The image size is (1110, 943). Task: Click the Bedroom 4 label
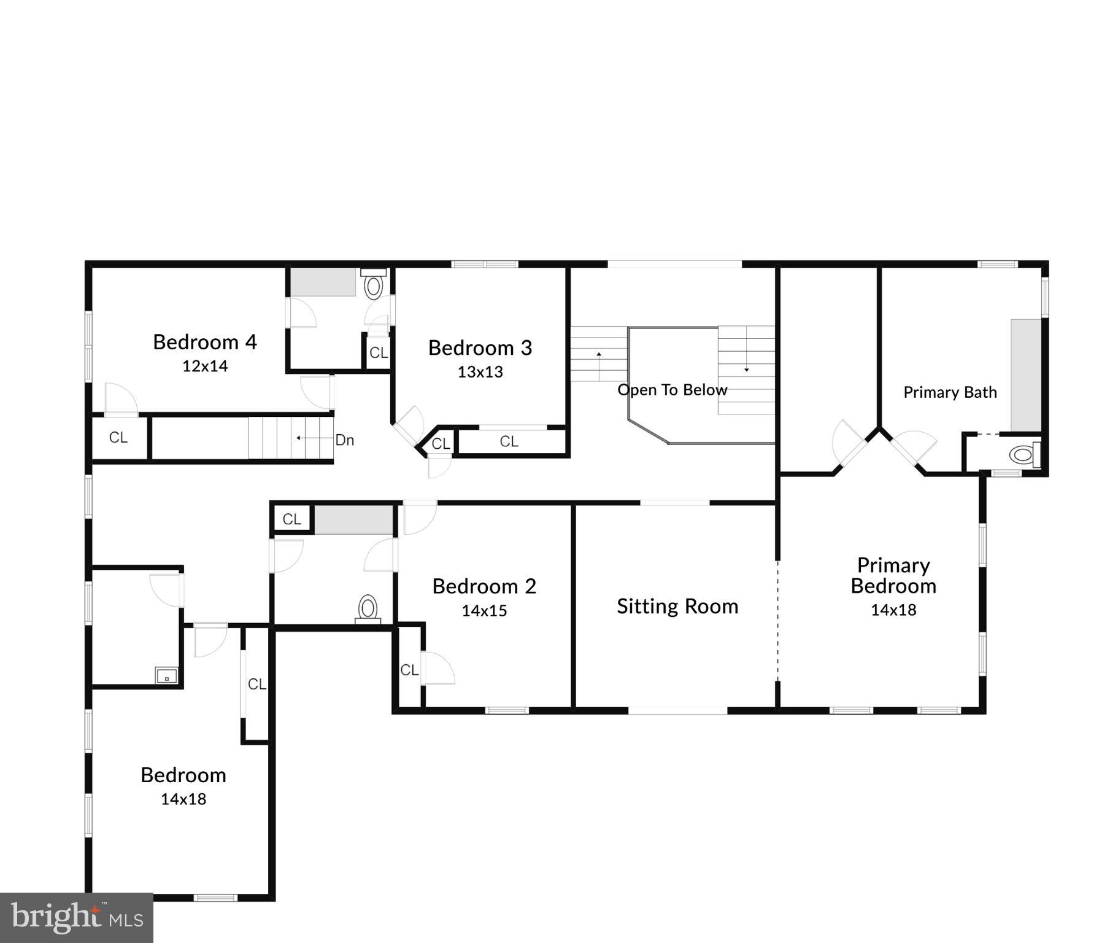point(204,342)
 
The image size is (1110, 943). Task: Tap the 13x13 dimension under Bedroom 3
point(480,372)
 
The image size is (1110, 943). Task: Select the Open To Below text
point(672,390)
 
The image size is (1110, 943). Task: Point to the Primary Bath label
point(950,392)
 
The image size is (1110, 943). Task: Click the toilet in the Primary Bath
point(1023,455)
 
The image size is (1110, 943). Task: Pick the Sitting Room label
point(677,607)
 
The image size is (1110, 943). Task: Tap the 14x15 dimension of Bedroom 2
point(484,611)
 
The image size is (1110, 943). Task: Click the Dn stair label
point(344,440)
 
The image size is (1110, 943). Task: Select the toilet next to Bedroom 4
point(373,285)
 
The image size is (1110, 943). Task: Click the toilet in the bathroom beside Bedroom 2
point(368,609)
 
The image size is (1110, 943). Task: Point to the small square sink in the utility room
point(166,675)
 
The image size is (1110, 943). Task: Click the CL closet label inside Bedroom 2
point(409,670)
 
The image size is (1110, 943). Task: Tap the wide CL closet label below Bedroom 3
point(509,441)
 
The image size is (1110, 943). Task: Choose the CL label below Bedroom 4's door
point(118,438)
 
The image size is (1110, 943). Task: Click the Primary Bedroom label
point(893,575)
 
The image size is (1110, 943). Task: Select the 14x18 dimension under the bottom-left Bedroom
point(183,799)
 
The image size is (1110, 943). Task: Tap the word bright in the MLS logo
point(55,917)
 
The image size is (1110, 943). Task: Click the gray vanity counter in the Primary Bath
point(1026,374)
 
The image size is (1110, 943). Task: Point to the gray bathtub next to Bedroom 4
point(323,282)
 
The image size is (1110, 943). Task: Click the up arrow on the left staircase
point(599,355)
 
